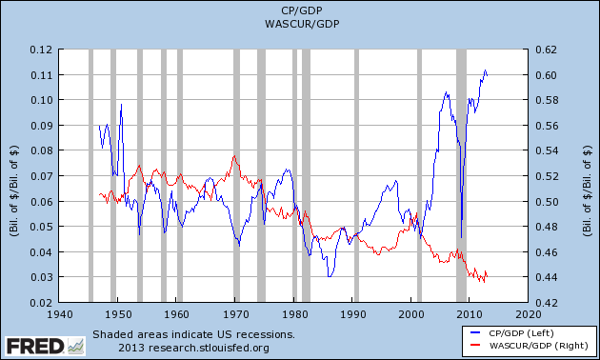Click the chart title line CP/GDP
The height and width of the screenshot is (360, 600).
(300, 11)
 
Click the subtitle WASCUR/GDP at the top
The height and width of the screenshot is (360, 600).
(300, 25)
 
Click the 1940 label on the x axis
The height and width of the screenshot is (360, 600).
(59, 314)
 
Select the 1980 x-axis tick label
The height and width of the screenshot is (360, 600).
(294, 314)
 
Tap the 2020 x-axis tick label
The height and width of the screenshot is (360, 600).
(530, 314)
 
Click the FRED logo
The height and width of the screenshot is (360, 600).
(36, 344)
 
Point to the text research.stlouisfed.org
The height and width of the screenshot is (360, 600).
(210, 347)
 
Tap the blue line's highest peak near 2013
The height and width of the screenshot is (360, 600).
(486, 70)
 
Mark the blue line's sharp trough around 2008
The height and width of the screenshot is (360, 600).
(461, 238)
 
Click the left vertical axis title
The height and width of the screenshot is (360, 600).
(13, 176)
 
